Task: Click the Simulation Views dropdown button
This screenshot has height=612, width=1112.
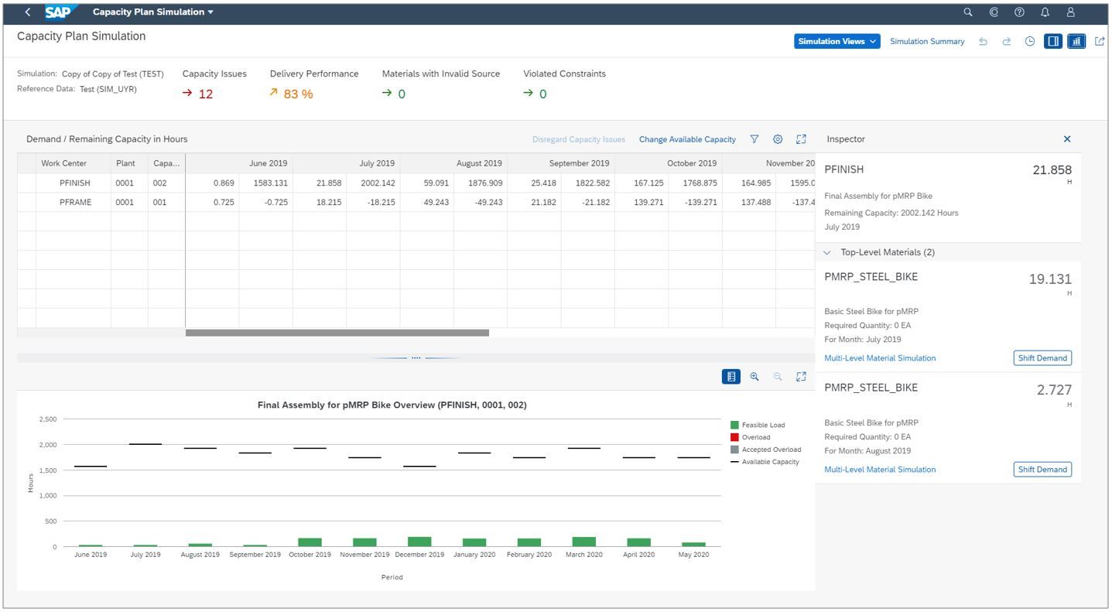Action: [837, 42]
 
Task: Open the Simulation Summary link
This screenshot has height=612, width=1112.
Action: [927, 42]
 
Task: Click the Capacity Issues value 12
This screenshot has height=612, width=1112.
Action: [205, 94]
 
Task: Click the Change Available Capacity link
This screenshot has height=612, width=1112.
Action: [687, 140]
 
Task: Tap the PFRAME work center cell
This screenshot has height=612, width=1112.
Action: [74, 203]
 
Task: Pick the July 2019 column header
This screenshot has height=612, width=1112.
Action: [377, 164]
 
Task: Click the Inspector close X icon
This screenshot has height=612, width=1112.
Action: [1067, 139]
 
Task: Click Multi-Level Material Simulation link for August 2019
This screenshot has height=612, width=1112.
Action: [880, 470]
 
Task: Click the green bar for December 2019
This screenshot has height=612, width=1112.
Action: [419, 542]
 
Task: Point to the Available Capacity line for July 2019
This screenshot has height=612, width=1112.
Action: [145, 444]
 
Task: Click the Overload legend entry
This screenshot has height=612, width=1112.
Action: [755, 438]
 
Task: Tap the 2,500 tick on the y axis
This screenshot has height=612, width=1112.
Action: [47, 419]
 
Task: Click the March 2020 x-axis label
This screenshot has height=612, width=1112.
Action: [583, 555]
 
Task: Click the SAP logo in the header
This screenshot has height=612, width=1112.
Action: [59, 12]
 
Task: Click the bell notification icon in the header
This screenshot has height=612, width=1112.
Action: [1045, 12]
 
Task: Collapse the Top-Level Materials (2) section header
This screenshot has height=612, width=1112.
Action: [878, 253]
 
